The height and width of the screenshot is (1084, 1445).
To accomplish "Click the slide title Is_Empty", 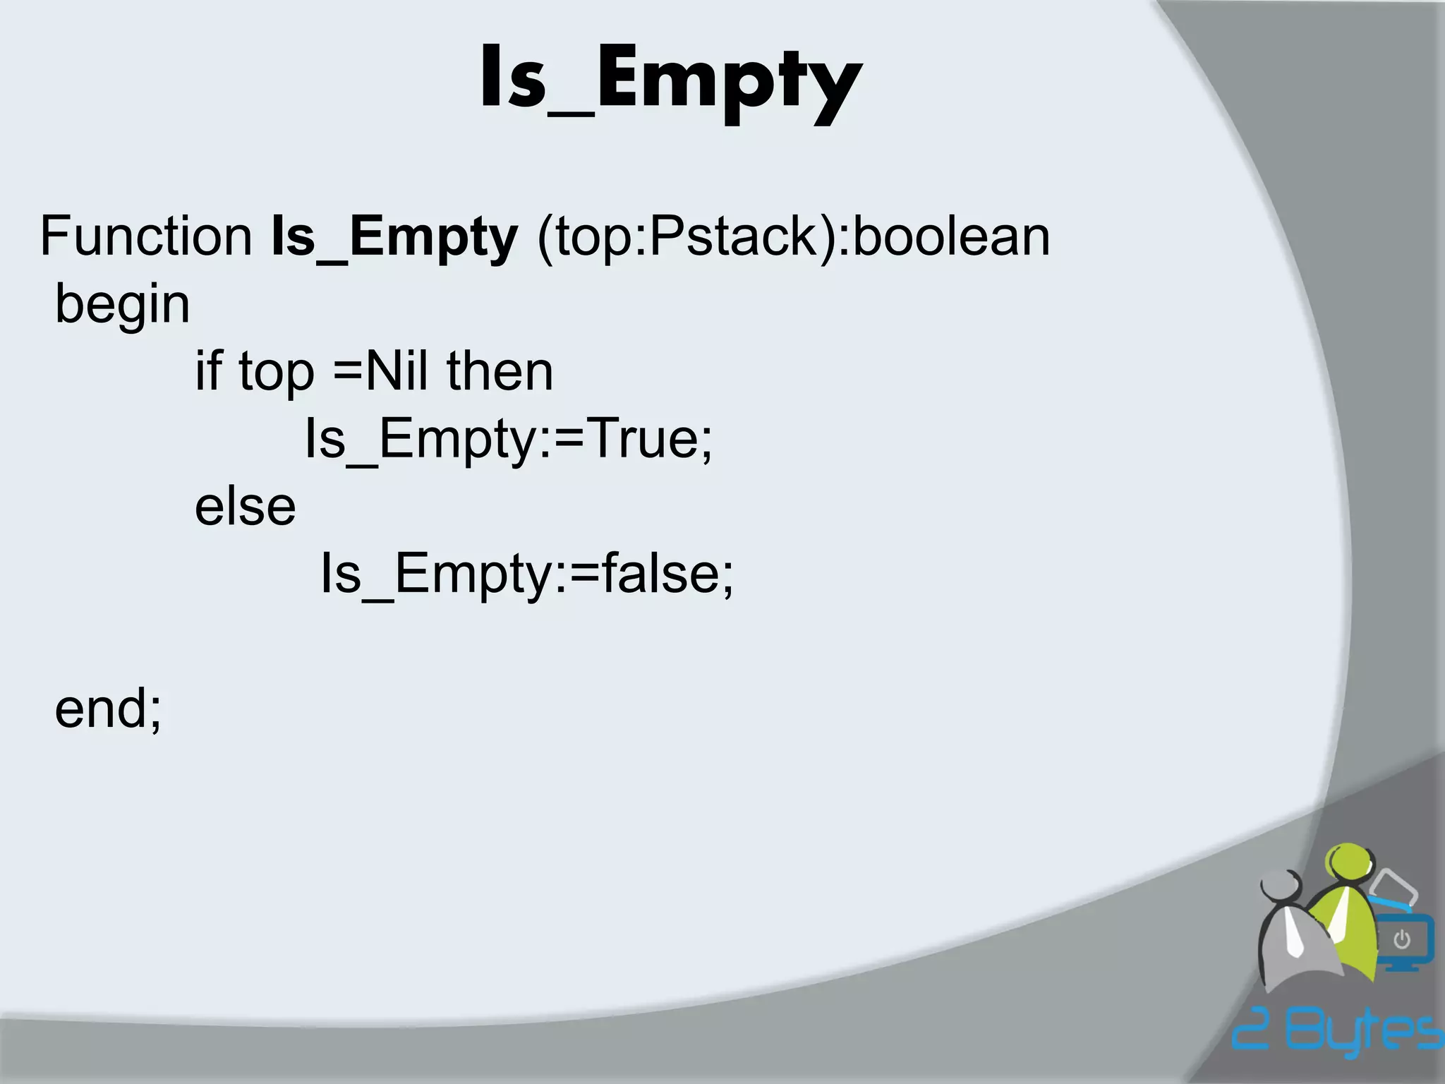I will [670, 81].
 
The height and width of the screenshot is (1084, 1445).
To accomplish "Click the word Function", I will [146, 236].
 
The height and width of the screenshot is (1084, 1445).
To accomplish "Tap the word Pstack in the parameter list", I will [732, 236].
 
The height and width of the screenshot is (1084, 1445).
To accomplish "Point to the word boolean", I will [951, 236].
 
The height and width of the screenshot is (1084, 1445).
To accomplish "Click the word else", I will [245, 506].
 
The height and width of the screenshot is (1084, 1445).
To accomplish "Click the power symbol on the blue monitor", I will [1401, 940].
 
